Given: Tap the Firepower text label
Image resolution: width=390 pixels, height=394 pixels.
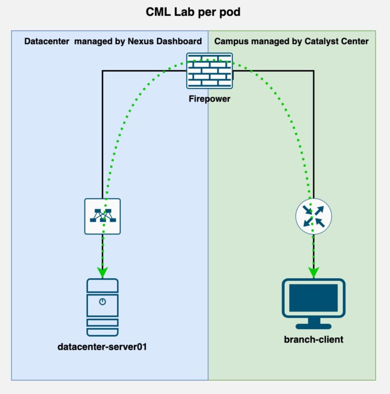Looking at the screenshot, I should tap(209, 99).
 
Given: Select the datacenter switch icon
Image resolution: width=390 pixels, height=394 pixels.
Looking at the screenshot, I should tap(102, 216).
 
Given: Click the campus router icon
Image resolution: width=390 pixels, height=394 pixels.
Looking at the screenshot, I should tap(313, 216).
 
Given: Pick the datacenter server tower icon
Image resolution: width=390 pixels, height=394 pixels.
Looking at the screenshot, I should tap(102, 307).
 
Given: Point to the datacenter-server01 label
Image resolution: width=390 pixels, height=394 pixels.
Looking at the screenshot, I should tap(102, 347).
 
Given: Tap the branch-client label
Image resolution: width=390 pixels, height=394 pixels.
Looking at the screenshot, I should tap(313, 339).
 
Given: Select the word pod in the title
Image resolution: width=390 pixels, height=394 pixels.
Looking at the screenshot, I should tap(231, 12).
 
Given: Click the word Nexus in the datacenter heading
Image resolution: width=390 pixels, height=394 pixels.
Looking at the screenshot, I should tap(141, 41).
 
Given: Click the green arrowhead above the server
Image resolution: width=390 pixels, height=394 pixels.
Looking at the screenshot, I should tap(102, 272).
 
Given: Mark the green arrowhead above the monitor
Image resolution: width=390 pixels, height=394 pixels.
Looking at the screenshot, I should tap(313, 272).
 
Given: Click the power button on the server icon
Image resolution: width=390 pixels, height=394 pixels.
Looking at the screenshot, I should tap(102, 302).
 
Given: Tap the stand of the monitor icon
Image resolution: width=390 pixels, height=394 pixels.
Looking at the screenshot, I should tap(313, 323).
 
